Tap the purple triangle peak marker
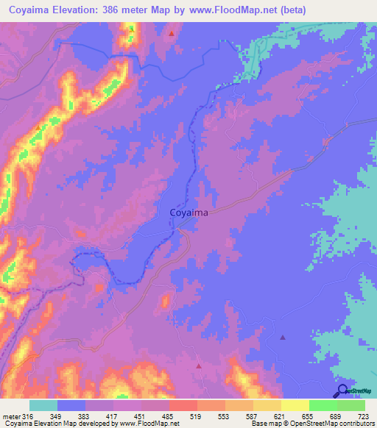[283, 338]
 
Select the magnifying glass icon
[342, 390]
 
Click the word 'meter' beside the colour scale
[13, 417]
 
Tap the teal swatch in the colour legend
[43, 405]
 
